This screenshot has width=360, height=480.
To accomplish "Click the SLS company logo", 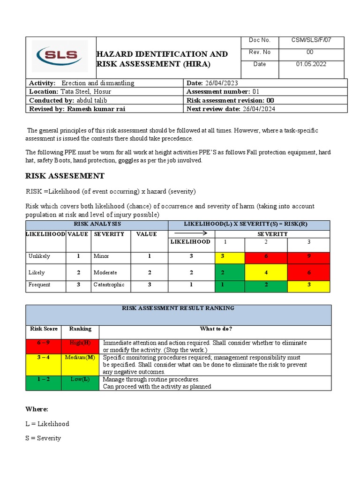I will [60, 56].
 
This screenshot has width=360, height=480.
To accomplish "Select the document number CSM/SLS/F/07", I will [311, 40].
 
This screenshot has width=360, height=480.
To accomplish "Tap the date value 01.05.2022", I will [311, 64].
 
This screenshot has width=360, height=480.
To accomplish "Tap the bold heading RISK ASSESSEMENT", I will [65, 176].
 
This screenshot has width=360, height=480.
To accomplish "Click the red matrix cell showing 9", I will [308, 257].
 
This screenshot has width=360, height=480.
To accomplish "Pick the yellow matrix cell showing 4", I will [266, 272].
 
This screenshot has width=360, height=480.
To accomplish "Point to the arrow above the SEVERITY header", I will [191, 233].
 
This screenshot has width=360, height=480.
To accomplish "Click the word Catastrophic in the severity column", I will [109, 285].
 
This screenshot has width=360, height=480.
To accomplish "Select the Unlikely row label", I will [39, 256].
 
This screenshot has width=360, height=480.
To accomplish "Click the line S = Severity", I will [43, 438].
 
